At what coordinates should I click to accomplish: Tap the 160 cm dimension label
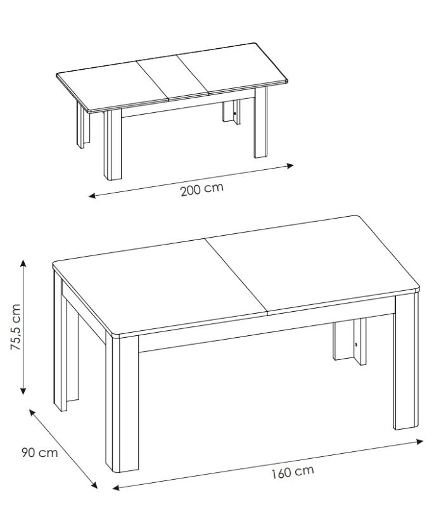293,472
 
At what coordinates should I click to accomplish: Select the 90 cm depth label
40,452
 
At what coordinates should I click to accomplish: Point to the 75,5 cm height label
15,327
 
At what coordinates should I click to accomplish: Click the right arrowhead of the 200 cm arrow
291,166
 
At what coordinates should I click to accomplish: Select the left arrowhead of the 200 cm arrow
92,195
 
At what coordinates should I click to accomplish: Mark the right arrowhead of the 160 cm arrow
419,441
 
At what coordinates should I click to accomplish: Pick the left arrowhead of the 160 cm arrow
116,487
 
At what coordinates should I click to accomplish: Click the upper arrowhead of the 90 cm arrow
32,412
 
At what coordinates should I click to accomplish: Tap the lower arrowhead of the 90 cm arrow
94,485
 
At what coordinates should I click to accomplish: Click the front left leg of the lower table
122,402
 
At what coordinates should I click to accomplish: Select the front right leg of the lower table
406,362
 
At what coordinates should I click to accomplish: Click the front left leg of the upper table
113,144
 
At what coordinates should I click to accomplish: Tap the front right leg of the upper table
260,122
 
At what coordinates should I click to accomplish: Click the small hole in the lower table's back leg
356,345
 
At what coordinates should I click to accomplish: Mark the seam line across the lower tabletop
237,276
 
